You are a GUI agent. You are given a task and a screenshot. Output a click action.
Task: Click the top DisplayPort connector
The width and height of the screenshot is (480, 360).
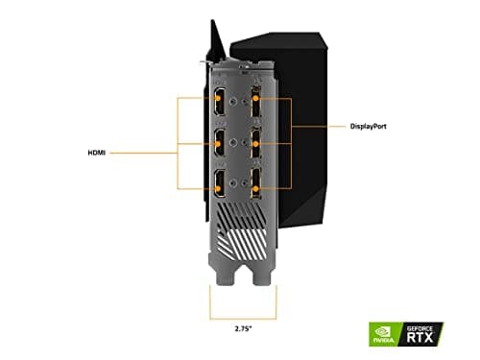257,99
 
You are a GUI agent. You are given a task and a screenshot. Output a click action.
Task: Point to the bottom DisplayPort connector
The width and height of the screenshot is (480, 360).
257,186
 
